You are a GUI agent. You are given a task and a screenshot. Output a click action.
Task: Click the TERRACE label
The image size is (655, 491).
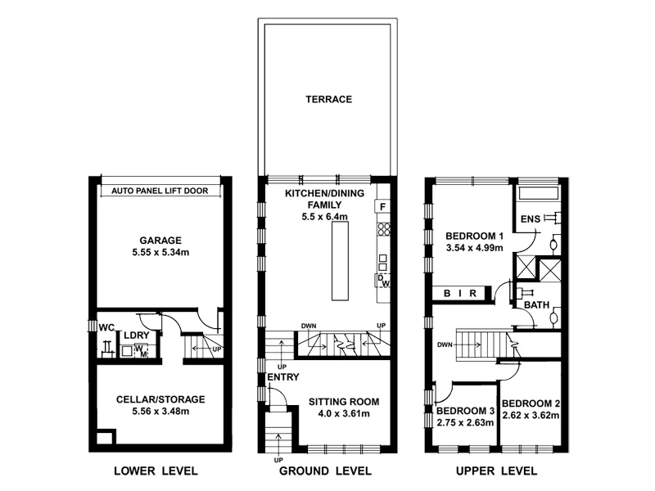pos(329,100)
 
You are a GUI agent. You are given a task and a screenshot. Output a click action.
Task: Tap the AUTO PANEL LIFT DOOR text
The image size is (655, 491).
pos(160,191)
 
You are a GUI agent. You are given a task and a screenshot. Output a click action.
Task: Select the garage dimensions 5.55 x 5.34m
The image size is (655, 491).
pos(160,253)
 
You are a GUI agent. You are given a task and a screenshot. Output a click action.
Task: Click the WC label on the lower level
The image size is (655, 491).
pos(106,328)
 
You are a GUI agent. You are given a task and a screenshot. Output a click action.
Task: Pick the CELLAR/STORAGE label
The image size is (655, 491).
pos(160,399)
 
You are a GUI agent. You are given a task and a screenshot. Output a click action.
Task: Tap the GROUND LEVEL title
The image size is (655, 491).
pos(326,471)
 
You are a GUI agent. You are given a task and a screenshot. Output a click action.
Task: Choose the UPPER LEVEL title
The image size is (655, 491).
pos(498,471)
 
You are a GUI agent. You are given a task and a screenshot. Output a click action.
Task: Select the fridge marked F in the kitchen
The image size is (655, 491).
pos(382,206)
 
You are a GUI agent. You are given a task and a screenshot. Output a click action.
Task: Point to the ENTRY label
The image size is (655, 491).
pos(283,377)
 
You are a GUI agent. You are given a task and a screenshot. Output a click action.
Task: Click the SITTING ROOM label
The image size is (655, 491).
pos(344,402)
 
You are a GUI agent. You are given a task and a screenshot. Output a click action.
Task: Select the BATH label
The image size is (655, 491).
pos(537,305)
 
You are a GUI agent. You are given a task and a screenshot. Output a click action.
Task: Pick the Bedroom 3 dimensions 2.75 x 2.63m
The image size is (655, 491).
pos(465,423)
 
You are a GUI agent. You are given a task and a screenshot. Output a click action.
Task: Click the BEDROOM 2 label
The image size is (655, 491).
pos(531,403)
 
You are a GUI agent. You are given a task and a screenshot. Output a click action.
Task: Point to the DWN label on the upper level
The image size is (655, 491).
pos(445,345)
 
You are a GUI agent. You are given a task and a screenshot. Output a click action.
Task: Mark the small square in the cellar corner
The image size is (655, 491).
pos(105,437)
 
